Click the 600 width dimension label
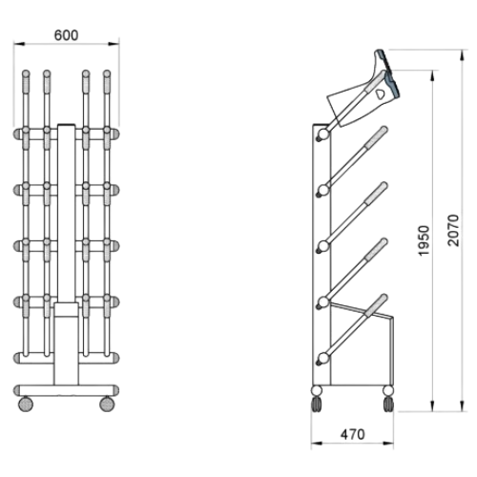coord(66,35)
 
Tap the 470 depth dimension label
coord(352,434)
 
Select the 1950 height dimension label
coord(425,240)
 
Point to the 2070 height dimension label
coord(453,230)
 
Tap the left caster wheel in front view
coord(26,404)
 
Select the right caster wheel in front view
coord(107,404)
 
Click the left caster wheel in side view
coord(317,404)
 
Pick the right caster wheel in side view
coord(388,404)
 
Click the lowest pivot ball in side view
coord(323,358)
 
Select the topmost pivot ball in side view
coord(323,134)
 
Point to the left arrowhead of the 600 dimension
coord(19,44)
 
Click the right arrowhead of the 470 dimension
coord(388,443)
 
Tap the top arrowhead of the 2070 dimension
coord(462,56)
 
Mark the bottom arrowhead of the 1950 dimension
coord(432,405)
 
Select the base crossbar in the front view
coord(66,390)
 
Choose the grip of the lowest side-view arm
coord(376,305)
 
